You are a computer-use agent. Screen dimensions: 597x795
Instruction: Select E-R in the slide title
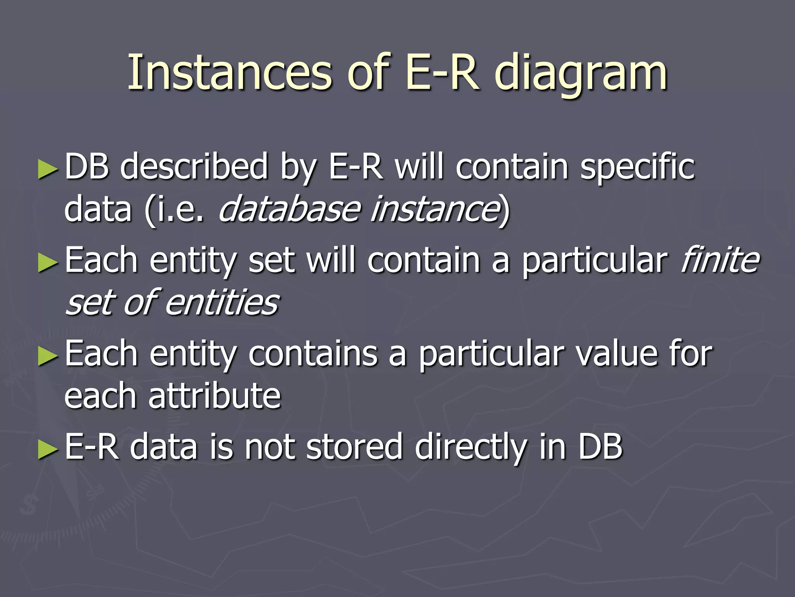click(x=441, y=72)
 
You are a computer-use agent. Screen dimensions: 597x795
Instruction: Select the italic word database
click(x=290, y=209)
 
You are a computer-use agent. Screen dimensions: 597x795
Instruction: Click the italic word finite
click(x=719, y=260)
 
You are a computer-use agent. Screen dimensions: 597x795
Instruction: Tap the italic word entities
click(x=222, y=303)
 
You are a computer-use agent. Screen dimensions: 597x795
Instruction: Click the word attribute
click(x=214, y=396)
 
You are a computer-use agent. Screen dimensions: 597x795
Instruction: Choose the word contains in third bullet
click(x=313, y=354)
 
